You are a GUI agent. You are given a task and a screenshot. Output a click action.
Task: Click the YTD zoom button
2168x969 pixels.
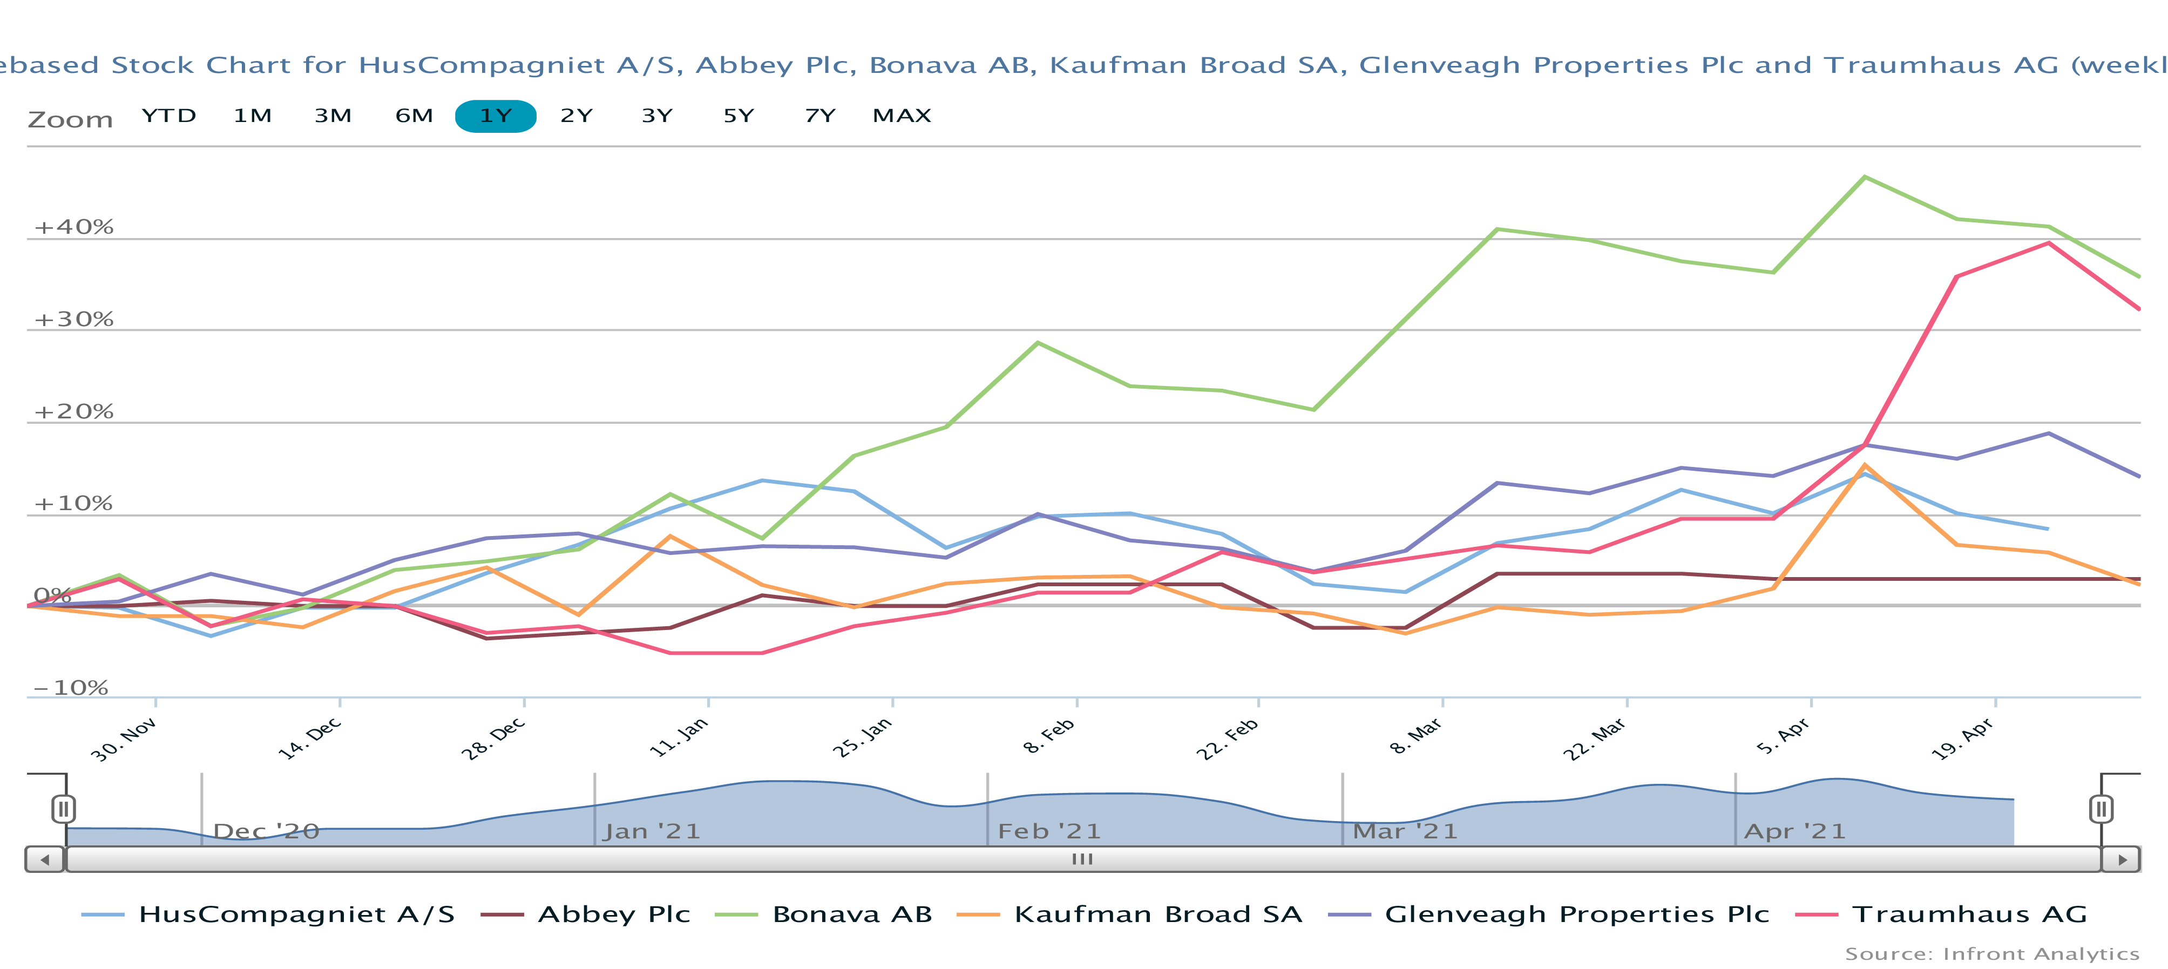(168, 116)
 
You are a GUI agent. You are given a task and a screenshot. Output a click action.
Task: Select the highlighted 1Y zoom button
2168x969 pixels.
(495, 116)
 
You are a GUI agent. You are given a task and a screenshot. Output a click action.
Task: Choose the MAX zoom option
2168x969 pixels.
(902, 116)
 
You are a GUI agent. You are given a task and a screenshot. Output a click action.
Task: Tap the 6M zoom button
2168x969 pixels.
(414, 116)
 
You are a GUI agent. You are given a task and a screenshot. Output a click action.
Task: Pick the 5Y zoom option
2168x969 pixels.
(738, 116)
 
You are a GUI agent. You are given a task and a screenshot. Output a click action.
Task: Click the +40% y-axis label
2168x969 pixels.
(74, 227)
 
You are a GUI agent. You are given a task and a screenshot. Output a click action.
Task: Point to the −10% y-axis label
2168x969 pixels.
(71, 688)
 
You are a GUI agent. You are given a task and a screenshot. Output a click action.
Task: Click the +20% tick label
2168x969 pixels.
(74, 412)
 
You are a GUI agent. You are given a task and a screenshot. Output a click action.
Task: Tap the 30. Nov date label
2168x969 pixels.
(123, 739)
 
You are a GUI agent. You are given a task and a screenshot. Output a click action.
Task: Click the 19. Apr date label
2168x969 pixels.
(1962, 738)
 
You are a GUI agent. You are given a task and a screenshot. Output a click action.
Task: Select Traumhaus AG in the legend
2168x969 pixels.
(1969, 914)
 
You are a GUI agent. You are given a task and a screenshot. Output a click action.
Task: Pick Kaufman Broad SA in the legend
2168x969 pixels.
(1157, 914)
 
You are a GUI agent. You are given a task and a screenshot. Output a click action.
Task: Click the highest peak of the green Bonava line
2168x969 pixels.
(1865, 177)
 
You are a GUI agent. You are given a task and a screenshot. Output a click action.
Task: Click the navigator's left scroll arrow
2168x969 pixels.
(45, 859)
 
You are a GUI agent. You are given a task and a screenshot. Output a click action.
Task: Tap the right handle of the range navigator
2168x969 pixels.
(2101, 809)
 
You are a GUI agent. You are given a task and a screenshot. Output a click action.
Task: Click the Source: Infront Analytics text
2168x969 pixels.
(1991, 954)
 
